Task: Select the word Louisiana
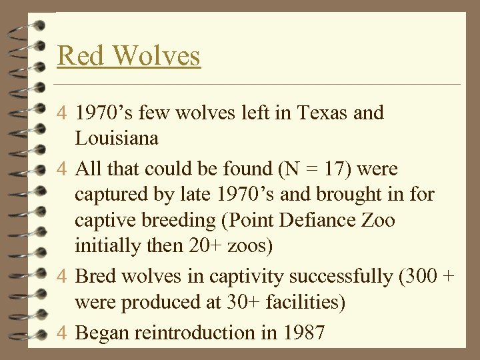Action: click(x=117, y=139)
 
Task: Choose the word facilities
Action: click(x=299, y=302)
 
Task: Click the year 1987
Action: click(x=302, y=331)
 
